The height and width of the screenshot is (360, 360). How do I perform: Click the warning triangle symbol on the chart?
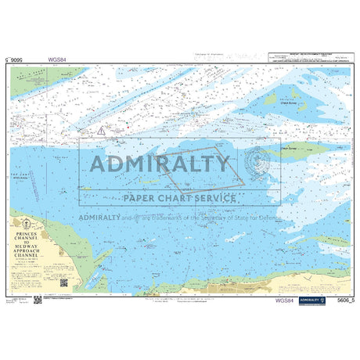click(100, 132)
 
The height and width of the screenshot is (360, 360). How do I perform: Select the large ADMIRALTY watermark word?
click(161, 164)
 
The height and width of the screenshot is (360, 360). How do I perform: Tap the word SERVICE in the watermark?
click(211, 198)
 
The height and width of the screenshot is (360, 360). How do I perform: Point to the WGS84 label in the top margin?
click(57, 58)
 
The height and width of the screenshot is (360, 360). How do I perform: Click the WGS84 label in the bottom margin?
click(285, 300)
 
